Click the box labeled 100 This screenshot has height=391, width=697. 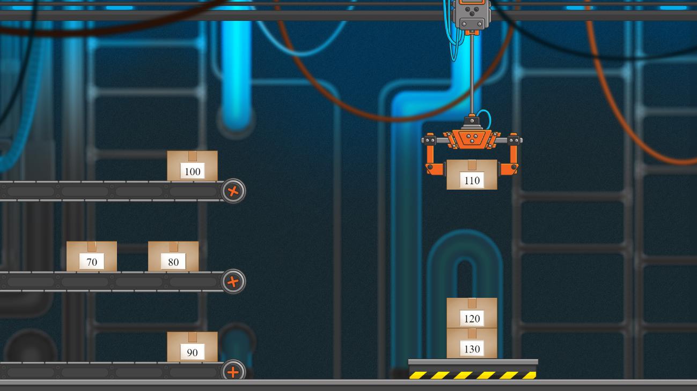pos(192,166)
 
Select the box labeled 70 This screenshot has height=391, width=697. pos(92,256)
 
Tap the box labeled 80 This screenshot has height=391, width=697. pos(173,256)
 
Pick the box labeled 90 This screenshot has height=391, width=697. pos(192,347)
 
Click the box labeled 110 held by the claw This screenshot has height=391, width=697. pos(472,175)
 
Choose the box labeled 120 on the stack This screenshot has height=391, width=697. pos(472,313)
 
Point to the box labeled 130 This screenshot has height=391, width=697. pos(472,343)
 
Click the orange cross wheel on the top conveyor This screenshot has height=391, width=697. pos(233,191)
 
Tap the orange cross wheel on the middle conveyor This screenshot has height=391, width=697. pos(233,282)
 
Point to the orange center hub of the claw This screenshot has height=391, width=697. pos(472,139)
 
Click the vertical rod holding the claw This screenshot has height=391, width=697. pos(472,74)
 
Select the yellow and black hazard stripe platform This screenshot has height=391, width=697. pos(473,370)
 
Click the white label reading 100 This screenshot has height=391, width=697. pos(193,171)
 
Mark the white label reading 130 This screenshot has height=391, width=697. pos(472,349)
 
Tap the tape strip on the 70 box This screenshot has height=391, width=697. pos(92,246)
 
